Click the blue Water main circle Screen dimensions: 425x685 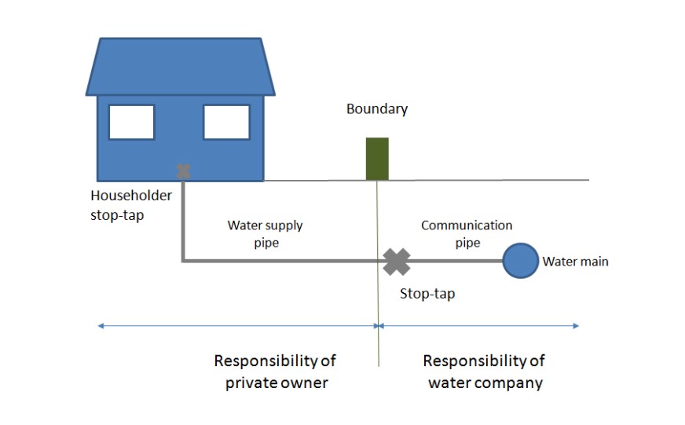(520, 260)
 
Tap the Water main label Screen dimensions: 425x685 (575, 262)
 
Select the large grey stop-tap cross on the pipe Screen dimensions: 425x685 (397, 261)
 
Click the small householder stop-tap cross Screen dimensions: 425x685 (183, 170)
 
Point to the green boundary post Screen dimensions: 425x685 (377, 159)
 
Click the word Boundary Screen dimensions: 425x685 (377, 109)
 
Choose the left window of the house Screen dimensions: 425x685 (131, 122)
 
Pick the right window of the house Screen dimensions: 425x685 (226, 122)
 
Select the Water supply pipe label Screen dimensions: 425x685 (265, 234)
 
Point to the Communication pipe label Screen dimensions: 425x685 (467, 234)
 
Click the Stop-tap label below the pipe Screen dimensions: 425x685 (427, 294)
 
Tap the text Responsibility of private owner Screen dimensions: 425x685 (275, 372)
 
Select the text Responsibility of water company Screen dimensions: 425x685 (484, 372)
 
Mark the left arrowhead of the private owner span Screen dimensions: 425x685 (99, 324)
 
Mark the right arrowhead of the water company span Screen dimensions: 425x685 (577, 324)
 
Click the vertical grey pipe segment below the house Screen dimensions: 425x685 (183, 220)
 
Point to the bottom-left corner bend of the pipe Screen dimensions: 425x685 (184, 260)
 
